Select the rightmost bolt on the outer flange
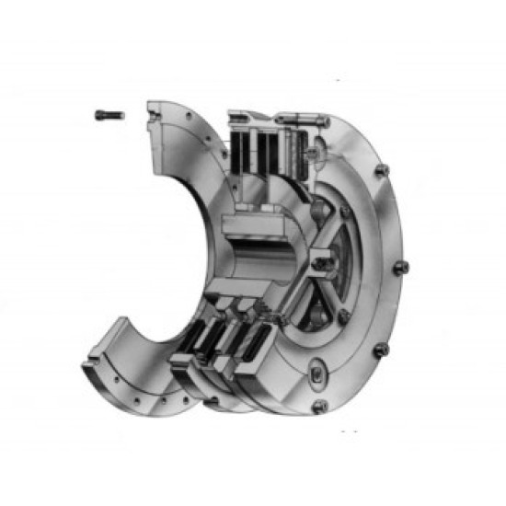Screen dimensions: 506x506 [401, 268]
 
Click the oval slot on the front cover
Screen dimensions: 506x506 [316, 374]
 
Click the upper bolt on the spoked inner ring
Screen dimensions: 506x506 [345, 212]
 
